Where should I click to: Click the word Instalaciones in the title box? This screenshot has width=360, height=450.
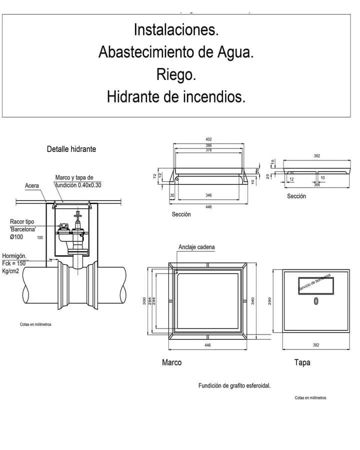point(176,30)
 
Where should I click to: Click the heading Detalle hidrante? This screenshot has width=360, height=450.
point(71,149)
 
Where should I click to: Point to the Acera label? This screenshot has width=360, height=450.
point(32,186)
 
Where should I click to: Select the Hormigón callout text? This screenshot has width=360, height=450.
point(14,256)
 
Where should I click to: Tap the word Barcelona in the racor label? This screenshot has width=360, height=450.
point(23,229)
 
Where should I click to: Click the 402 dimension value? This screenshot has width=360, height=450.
point(208,139)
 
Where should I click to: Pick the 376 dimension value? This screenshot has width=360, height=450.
point(208,150)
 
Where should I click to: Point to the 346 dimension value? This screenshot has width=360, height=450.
point(208,195)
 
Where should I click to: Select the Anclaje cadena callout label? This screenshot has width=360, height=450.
point(197,247)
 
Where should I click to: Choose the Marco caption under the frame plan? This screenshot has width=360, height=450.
point(171,362)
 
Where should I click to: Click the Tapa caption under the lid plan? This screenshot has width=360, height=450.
point(302,362)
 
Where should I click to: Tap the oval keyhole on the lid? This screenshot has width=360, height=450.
point(315,301)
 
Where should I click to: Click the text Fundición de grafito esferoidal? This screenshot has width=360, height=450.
point(234,385)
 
